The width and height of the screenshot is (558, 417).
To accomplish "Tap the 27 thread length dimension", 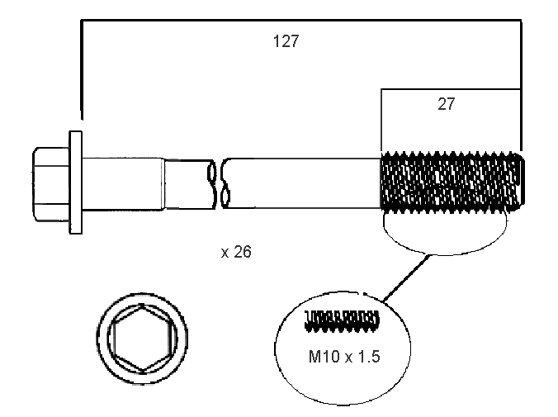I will click(447, 104).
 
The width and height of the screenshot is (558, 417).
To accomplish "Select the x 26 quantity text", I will click(236, 252).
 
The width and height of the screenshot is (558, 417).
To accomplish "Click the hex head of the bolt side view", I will click(50, 184).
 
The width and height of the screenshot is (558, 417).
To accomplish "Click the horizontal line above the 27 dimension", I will click(451, 88).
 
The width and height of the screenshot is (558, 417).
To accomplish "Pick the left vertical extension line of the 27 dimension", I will click(381, 120).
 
